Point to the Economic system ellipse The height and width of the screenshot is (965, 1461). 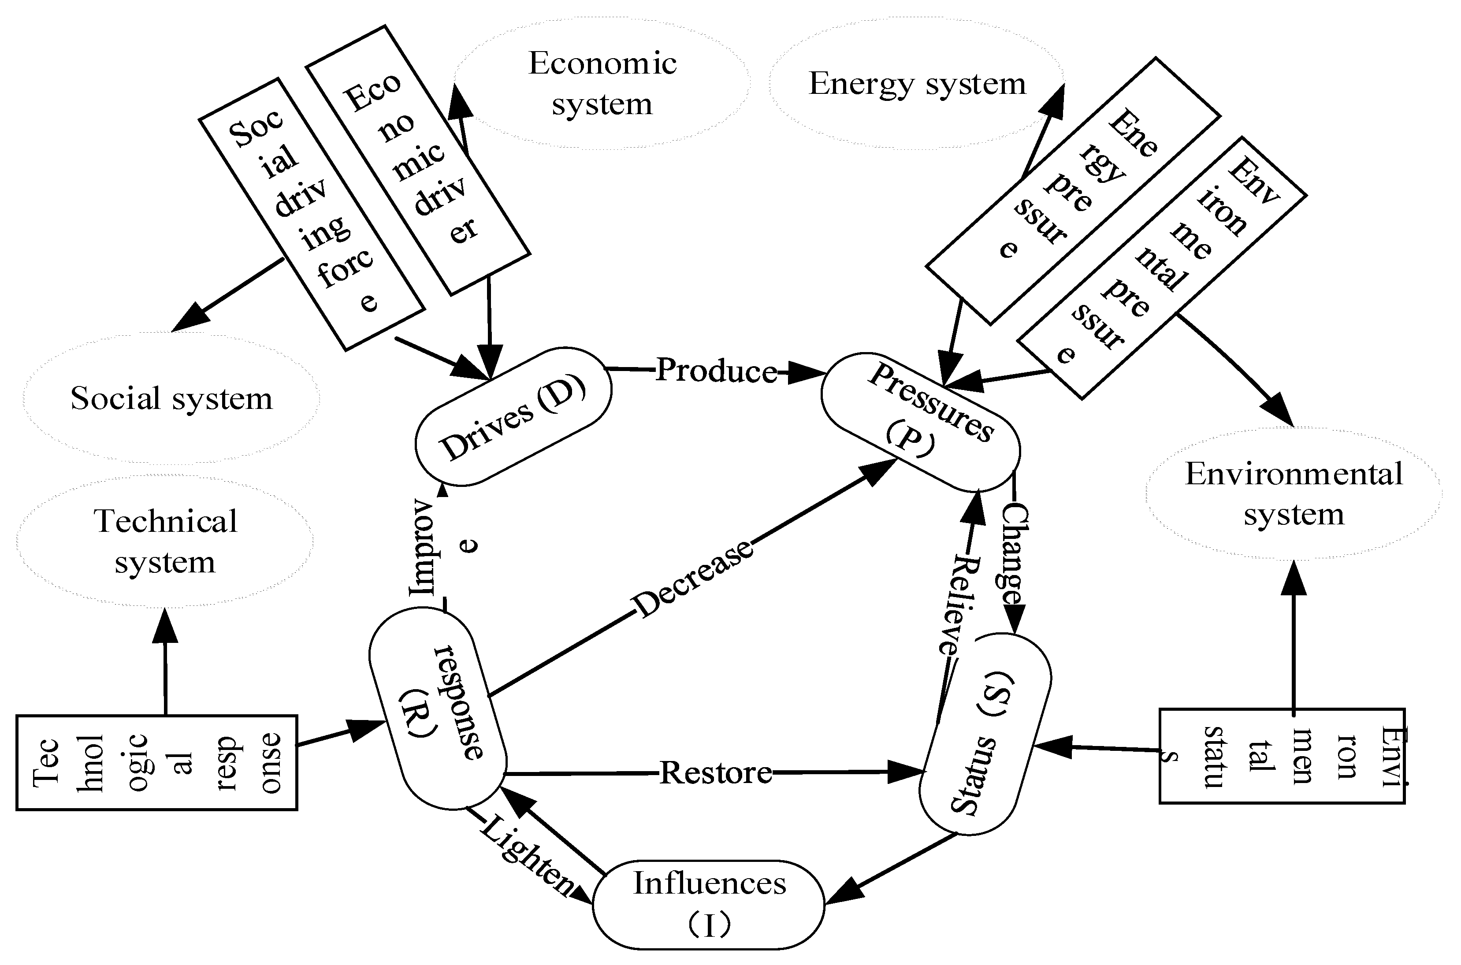click(x=602, y=83)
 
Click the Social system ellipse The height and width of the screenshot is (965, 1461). click(x=171, y=398)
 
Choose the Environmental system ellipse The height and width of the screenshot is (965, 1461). click(x=1294, y=494)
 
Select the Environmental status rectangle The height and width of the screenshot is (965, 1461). click(x=1282, y=757)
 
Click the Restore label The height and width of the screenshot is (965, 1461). click(x=715, y=772)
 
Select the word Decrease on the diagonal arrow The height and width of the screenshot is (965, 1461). click(x=692, y=579)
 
